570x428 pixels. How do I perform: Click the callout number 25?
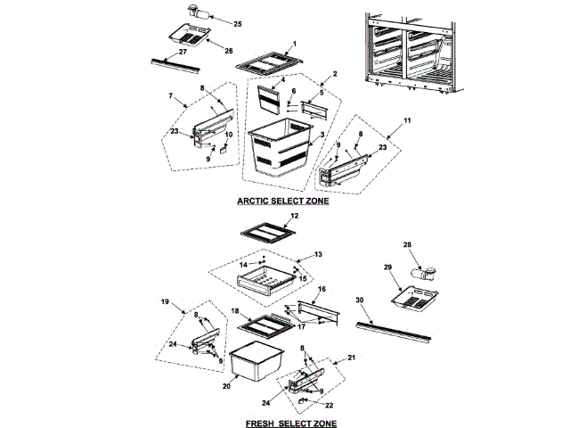[x=238, y=22]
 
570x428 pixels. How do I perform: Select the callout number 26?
[x=229, y=51]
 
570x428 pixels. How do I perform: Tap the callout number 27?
[x=183, y=52]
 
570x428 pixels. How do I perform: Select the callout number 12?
[x=295, y=216]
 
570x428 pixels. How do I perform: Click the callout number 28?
[x=408, y=245]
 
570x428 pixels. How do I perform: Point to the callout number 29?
[x=388, y=267]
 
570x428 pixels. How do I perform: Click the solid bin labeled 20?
[x=254, y=366]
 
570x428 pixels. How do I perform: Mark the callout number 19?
[x=165, y=302]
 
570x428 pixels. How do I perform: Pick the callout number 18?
[x=234, y=311]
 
